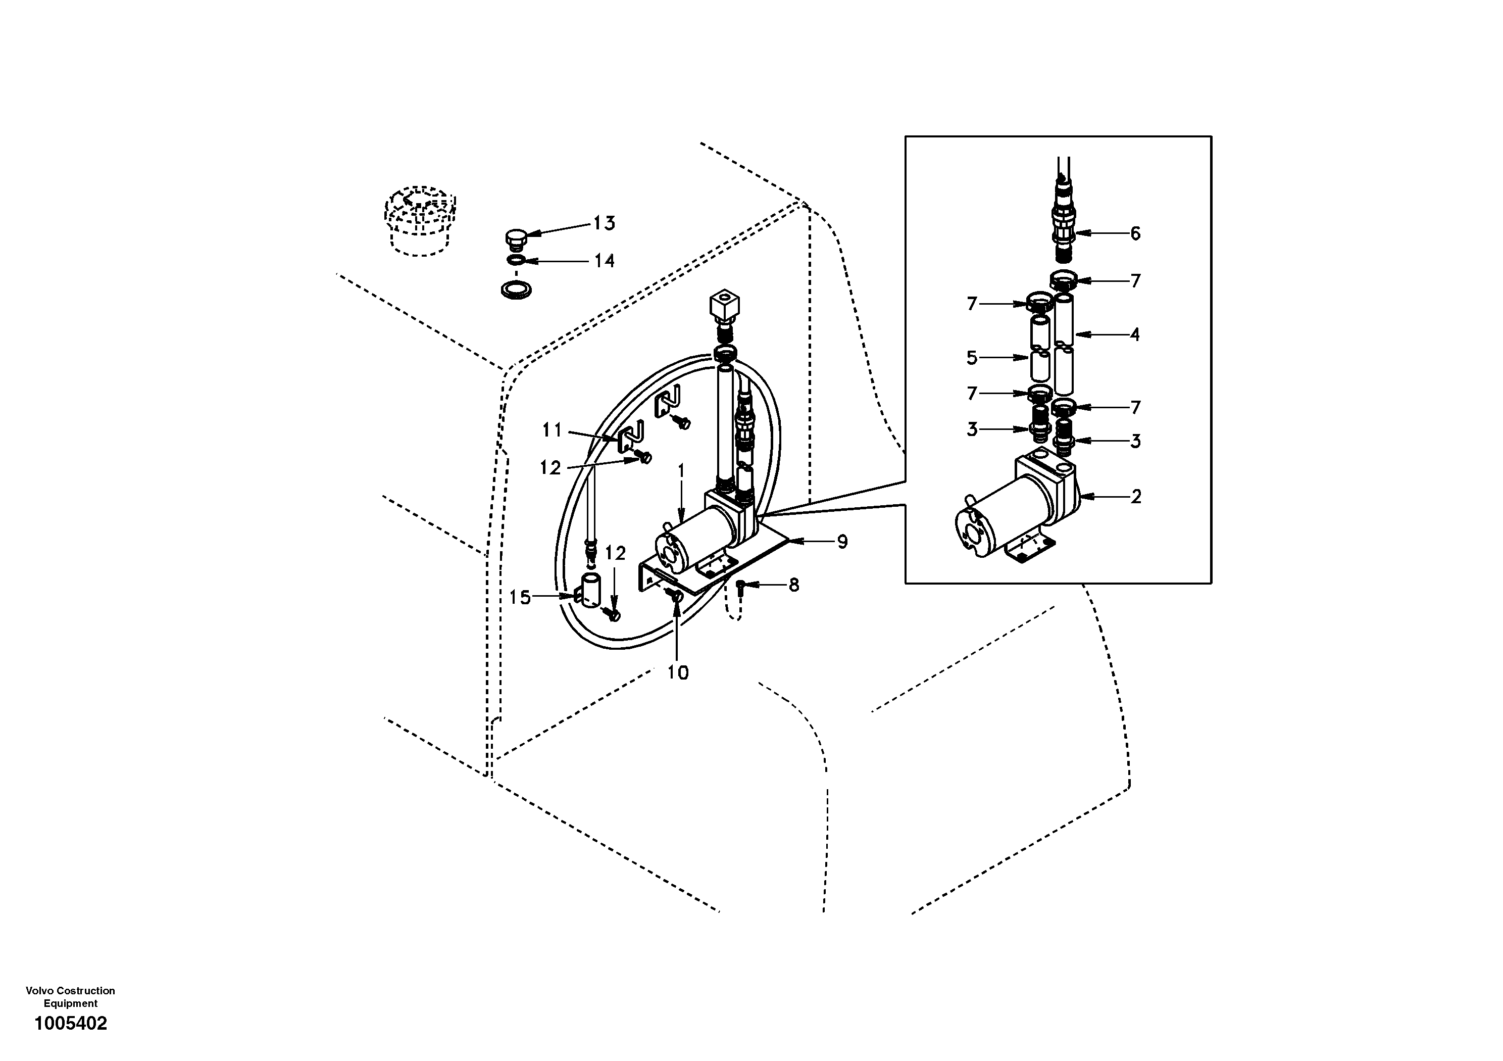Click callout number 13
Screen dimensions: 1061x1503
click(x=604, y=223)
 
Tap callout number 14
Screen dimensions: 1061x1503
click(x=604, y=261)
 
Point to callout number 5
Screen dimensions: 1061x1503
click(x=972, y=358)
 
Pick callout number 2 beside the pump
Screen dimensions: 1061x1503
click(x=1136, y=497)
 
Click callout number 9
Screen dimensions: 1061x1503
click(x=842, y=542)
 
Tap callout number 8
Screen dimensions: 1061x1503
click(x=793, y=585)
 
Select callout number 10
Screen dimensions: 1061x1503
click(x=678, y=672)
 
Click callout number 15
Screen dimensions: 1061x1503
click(x=520, y=597)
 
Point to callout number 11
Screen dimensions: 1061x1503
click(x=552, y=430)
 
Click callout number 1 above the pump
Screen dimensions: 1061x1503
click(x=681, y=471)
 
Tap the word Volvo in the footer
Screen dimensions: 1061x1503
click(x=38, y=991)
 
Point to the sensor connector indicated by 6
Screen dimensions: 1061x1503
click(x=1065, y=229)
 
